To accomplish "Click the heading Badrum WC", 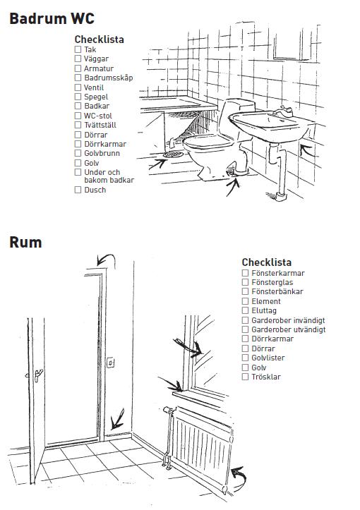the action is click(52, 18).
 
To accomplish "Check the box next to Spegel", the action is click(78, 97).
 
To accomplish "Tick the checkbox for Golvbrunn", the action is click(78, 153).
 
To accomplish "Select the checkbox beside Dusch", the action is click(78, 190).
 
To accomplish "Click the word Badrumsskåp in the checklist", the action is click(109, 78).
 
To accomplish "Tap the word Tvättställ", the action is click(100, 125).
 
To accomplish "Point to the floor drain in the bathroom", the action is click(173, 154).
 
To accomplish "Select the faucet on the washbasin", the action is click(284, 112).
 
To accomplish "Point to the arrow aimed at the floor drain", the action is click(157, 164).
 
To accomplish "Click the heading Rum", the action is click(25, 243).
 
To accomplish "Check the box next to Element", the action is click(245, 301).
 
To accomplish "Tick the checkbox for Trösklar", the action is click(245, 377).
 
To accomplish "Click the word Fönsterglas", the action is click(272, 282).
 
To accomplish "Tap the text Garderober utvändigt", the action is click(289, 329).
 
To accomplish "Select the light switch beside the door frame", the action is click(110, 363).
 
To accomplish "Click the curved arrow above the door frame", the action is click(106, 258).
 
